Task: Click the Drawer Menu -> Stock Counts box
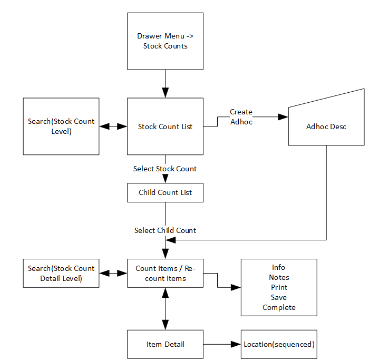[165, 41]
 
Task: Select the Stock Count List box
[165, 127]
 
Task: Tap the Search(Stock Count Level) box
[61, 127]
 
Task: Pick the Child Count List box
[165, 192]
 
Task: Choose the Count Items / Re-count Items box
[165, 273]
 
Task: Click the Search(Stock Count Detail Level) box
[61, 273]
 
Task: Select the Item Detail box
[165, 344]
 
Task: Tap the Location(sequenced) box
[279, 344]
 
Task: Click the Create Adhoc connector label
[241, 117]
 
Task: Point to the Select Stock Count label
[165, 169]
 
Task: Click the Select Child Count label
[165, 230]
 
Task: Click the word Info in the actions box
[279, 267]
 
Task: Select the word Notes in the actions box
[279, 277]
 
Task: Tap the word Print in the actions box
[279, 287]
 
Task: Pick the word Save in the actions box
[279, 297]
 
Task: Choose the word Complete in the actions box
[279, 307]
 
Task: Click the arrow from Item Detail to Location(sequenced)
[222, 344]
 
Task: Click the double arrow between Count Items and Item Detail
[166, 308]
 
